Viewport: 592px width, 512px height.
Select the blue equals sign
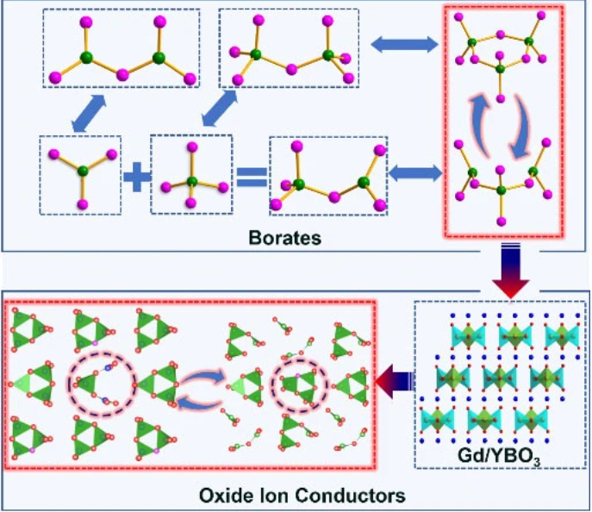pyautogui.click(x=251, y=178)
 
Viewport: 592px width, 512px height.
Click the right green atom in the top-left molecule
pyautogui.click(x=158, y=58)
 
